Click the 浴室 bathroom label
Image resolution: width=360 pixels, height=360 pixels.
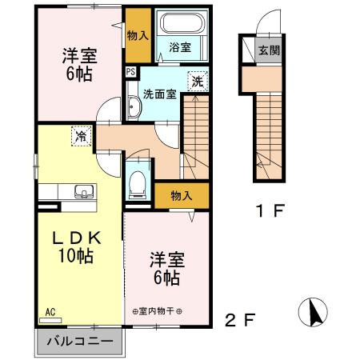pos(179,47)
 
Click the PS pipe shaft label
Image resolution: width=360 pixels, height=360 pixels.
pos(130,72)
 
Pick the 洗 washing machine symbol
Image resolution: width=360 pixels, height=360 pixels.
pos(196,81)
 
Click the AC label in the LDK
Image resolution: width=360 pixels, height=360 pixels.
pos(50,313)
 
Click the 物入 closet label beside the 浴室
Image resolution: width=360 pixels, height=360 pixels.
pos(138,36)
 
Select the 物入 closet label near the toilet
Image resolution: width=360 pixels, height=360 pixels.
pos(182,194)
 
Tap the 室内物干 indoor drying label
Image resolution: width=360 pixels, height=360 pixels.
pos(158,311)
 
